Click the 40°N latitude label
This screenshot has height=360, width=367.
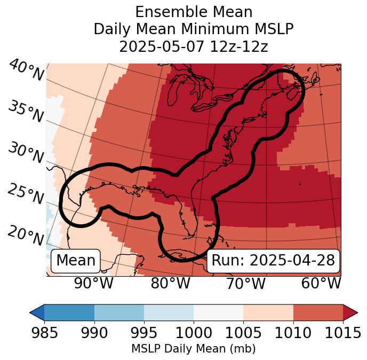click(26, 71)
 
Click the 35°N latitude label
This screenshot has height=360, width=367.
click(26, 112)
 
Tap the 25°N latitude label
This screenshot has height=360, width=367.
click(26, 194)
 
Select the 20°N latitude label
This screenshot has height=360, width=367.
click(26, 235)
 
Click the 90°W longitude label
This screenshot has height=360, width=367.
click(93, 284)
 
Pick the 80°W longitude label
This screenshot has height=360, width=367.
click(170, 284)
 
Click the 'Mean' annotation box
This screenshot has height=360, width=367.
click(76, 261)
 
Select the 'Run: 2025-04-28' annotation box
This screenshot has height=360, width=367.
click(273, 261)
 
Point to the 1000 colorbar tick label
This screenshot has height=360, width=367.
click(194, 333)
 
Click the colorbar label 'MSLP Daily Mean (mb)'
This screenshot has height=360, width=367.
click(193, 349)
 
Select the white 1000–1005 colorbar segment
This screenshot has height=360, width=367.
click(218, 312)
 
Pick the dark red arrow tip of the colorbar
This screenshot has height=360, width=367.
click(350, 312)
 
